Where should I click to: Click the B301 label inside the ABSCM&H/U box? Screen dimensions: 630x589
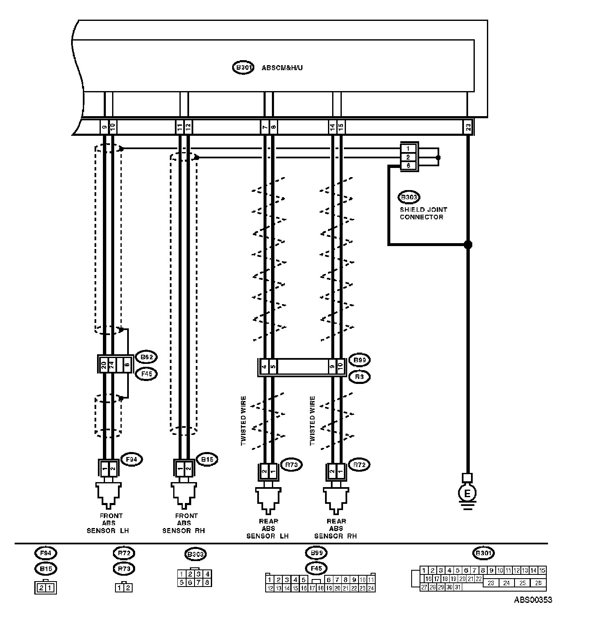coord(243,68)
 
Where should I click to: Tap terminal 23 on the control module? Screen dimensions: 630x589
coord(468,126)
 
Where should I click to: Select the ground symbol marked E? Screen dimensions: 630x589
coord(467,493)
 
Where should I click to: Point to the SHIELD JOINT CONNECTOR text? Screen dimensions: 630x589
coord(423,213)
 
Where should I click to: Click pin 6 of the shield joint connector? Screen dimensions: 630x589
coord(408,166)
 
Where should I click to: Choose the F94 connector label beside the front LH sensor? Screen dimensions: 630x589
coord(131,460)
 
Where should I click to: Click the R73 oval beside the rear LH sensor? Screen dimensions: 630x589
coord(291,465)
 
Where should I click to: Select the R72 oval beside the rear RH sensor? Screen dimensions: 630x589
coord(359,465)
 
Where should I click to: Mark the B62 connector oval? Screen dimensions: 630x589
coord(146,357)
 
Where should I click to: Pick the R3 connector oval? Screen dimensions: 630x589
coord(359,376)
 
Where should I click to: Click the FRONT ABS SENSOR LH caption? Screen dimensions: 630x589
coord(108,523)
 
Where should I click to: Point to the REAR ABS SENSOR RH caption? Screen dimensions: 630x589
coord(336,528)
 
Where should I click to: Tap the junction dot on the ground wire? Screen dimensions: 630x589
coord(468,244)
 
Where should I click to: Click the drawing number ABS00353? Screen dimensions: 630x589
coord(533,600)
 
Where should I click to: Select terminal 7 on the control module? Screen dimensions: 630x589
coord(264,126)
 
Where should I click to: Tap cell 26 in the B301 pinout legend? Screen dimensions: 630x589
coord(538,583)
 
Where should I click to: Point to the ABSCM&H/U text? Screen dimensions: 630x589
coord(282,68)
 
